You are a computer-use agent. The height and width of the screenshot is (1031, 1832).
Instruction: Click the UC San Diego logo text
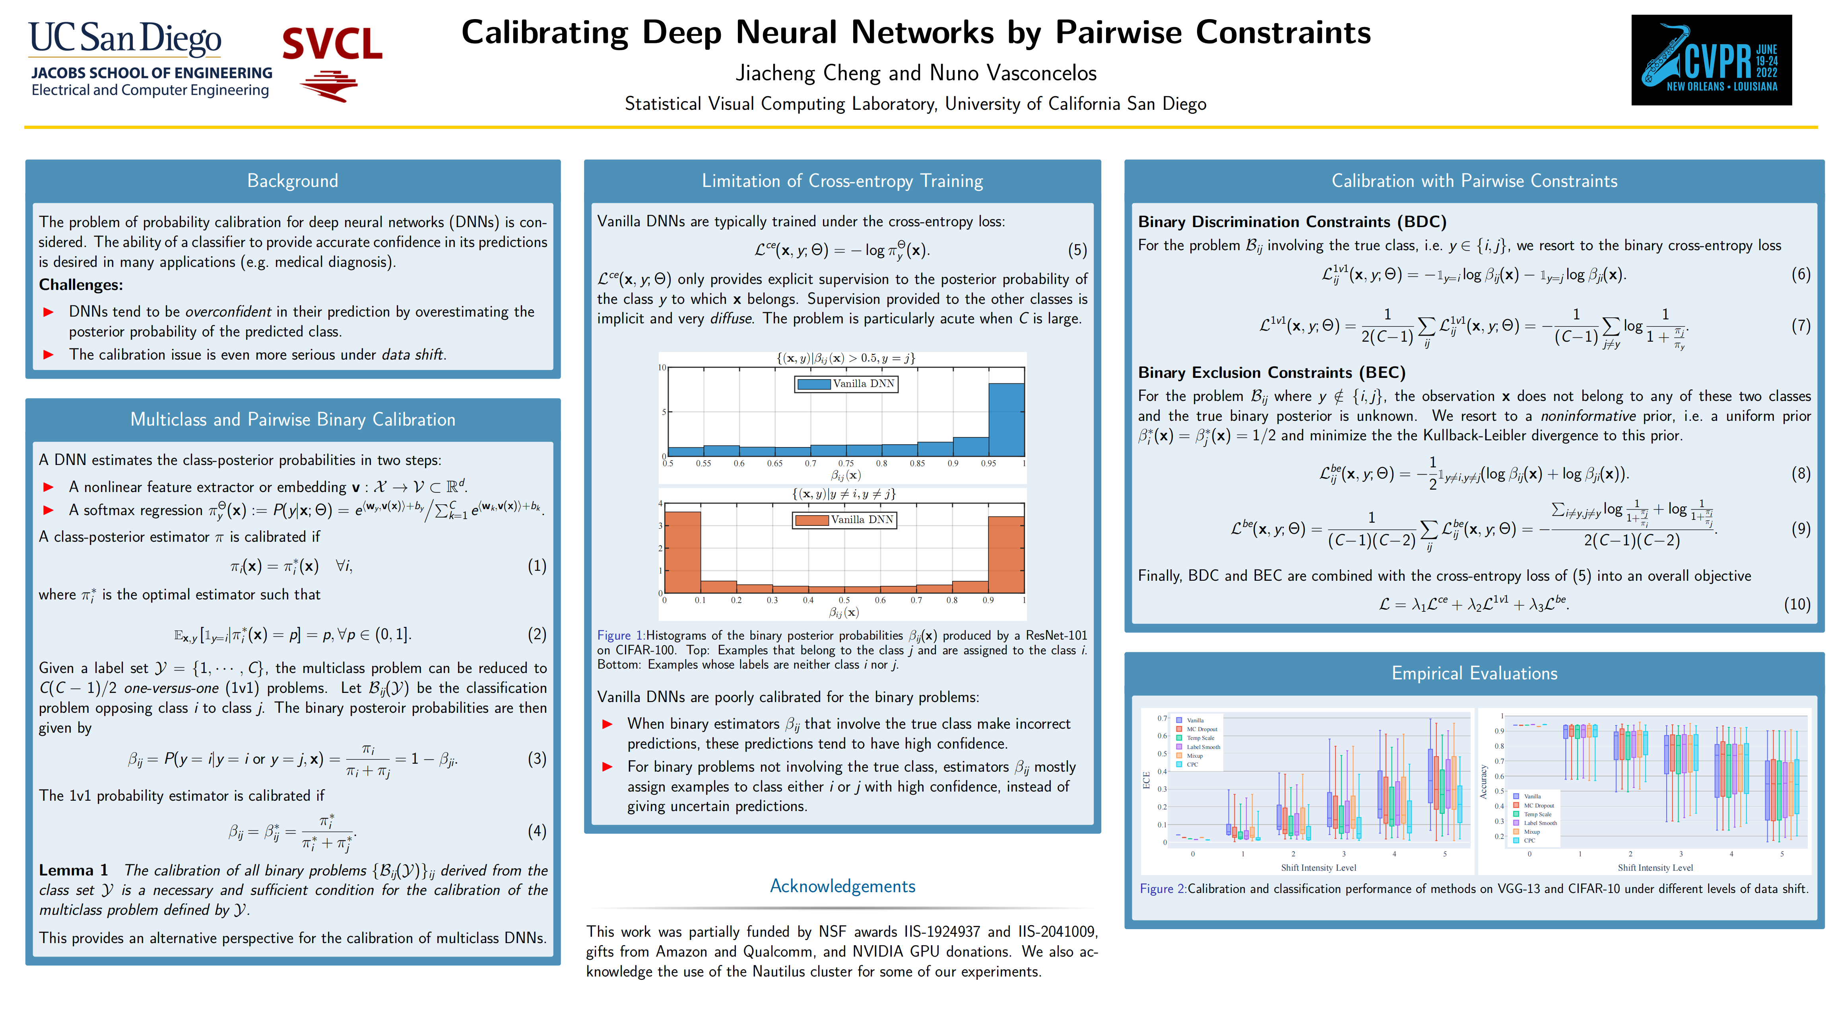[125, 39]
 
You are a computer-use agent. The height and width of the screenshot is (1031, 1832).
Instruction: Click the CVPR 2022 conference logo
[1711, 60]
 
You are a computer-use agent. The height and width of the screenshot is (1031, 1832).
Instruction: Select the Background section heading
[292, 181]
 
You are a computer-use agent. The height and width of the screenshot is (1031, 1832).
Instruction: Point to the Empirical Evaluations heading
[1474, 673]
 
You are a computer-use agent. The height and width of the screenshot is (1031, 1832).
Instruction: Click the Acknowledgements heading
[843, 886]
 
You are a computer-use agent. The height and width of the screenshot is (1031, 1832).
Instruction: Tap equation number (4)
[537, 831]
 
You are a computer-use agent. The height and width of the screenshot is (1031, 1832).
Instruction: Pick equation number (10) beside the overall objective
[1797, 604]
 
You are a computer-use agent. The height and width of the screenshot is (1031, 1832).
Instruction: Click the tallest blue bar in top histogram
[1006, 420]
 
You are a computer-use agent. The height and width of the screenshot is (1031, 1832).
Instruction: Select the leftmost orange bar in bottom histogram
[683, 552]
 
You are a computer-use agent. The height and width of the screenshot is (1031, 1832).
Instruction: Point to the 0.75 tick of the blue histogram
[846, 463]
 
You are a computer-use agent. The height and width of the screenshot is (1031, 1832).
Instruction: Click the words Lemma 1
[73, 870]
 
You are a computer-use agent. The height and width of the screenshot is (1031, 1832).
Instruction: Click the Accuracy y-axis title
[1483, 782]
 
